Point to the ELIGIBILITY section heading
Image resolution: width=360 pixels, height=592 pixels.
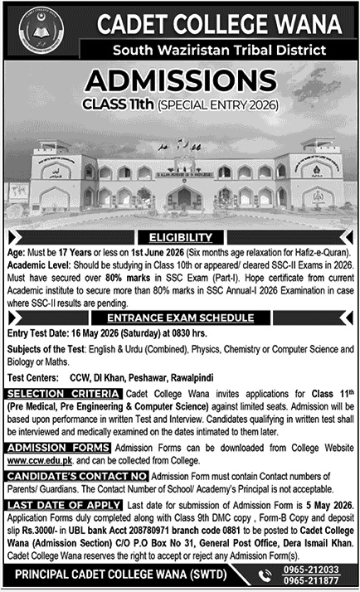181,236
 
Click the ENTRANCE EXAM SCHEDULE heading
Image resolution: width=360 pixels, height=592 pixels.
179,317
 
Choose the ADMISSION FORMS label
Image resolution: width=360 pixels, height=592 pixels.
56,447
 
